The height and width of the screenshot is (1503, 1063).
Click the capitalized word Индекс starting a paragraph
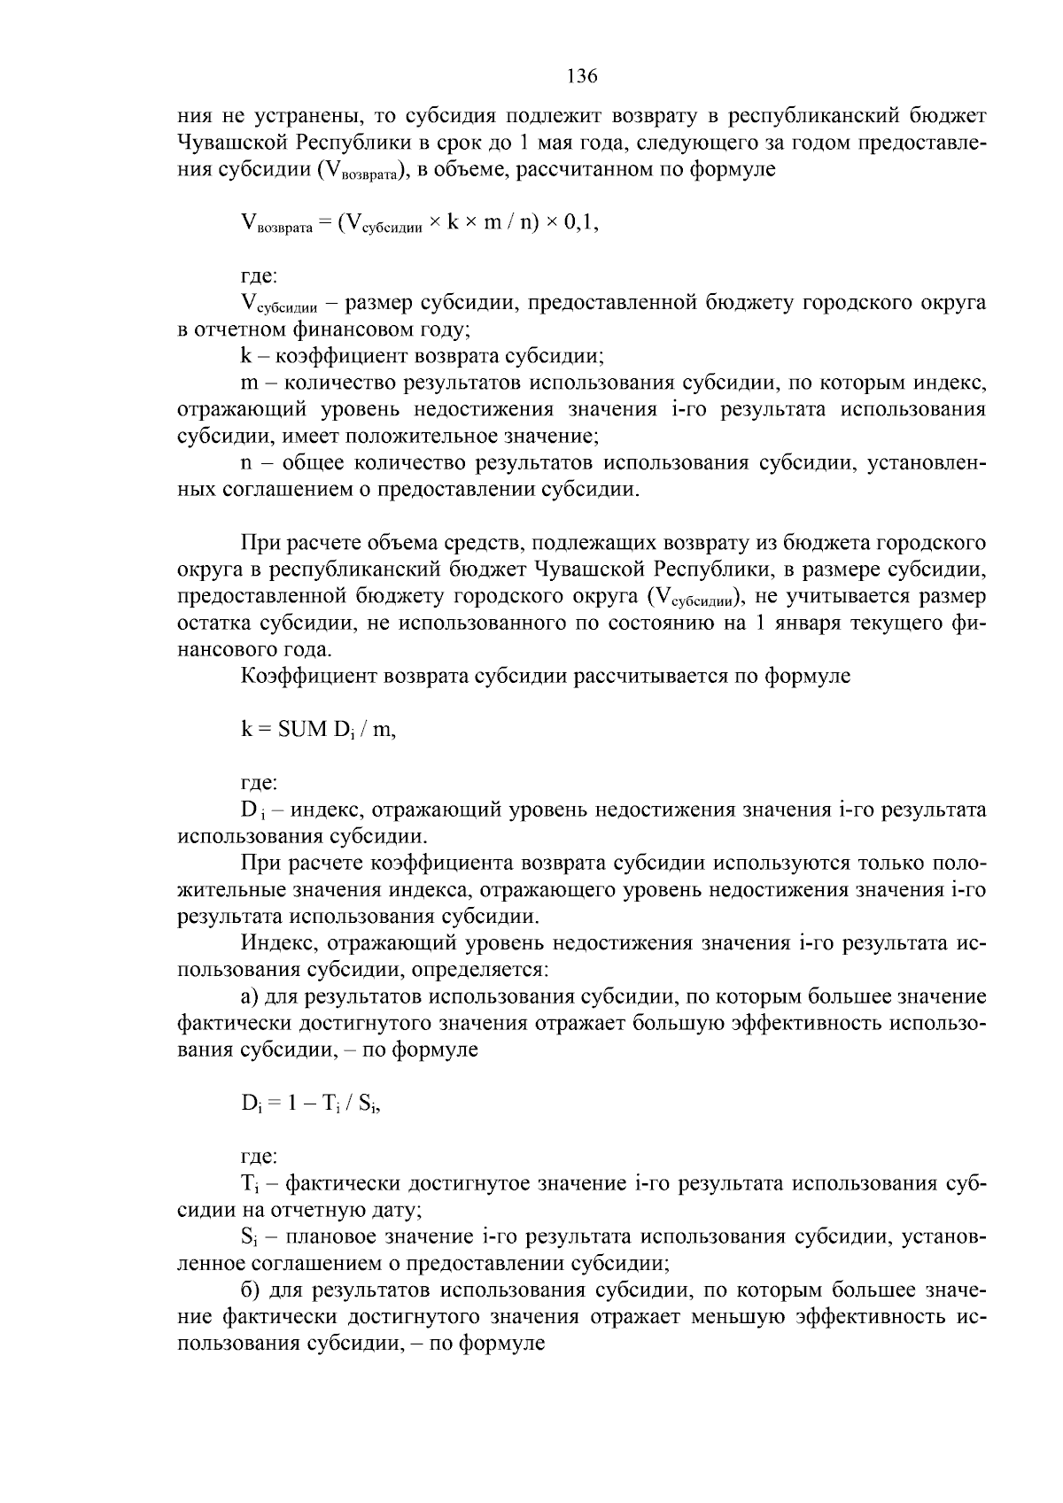click(275, 943)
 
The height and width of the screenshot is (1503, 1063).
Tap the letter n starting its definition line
click(247, 463)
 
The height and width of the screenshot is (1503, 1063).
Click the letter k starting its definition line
click(246, 357)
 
